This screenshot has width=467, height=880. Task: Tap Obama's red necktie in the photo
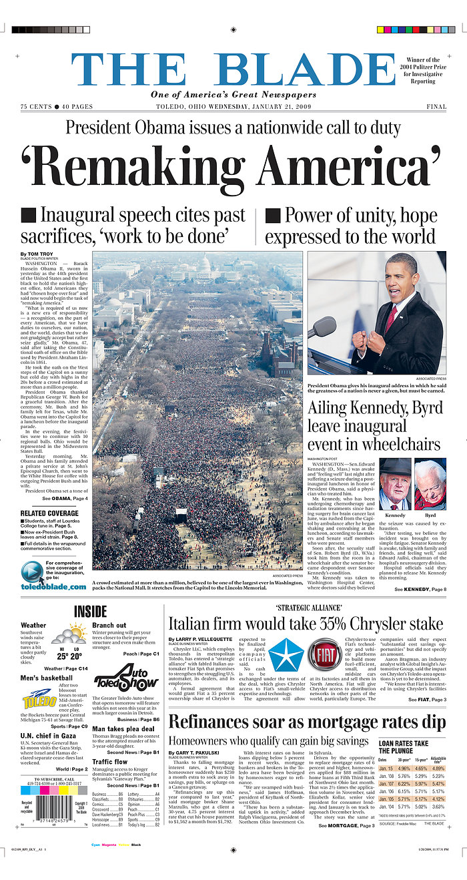(x=390, y=320)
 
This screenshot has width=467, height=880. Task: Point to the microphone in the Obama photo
(x=323, y=327)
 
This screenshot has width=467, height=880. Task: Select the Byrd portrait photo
(x=430, y=484)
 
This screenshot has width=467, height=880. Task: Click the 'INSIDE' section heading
(x=90, y=611)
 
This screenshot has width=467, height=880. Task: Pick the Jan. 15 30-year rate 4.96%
(x=404, y=768)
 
